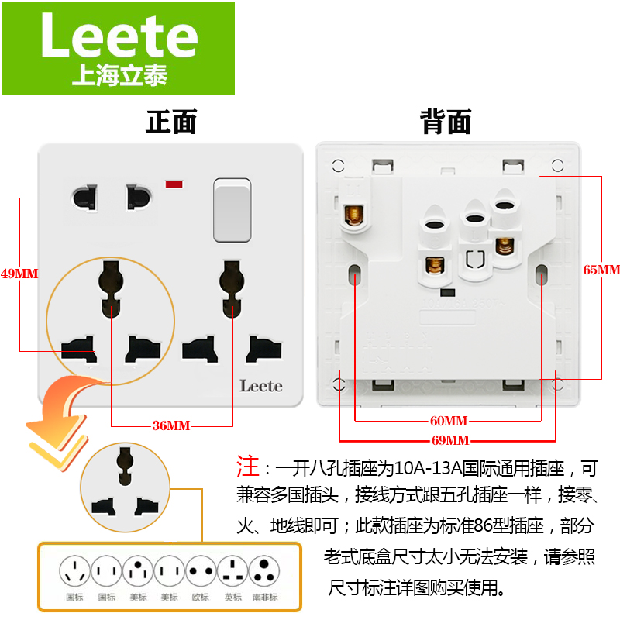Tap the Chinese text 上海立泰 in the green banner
pyautogui.click(x=119, y=76)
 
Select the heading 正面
pyautogui.click(x=171, y=122)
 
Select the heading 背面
pyautogui.click(x=446, y=122)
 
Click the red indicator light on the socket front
pyautogui.click(x=174, y=184)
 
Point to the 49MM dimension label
pyautogui.click(x=19, y=274)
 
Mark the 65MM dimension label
pyautogui.click(x=601, y=270)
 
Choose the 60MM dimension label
pyautogui.click(x=449, y=421)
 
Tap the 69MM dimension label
pyautogui.click(x=449, y=440)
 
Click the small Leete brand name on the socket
pyautogui.click(x=260, y=385)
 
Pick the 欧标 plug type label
pyautogui.click(x=200, y=598)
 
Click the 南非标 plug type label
pyautogui.click(x=266, y=598)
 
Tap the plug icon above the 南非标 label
pyautogui.click(x=266, y=573)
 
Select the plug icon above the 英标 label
pyautogui.click(x=232, y=573)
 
